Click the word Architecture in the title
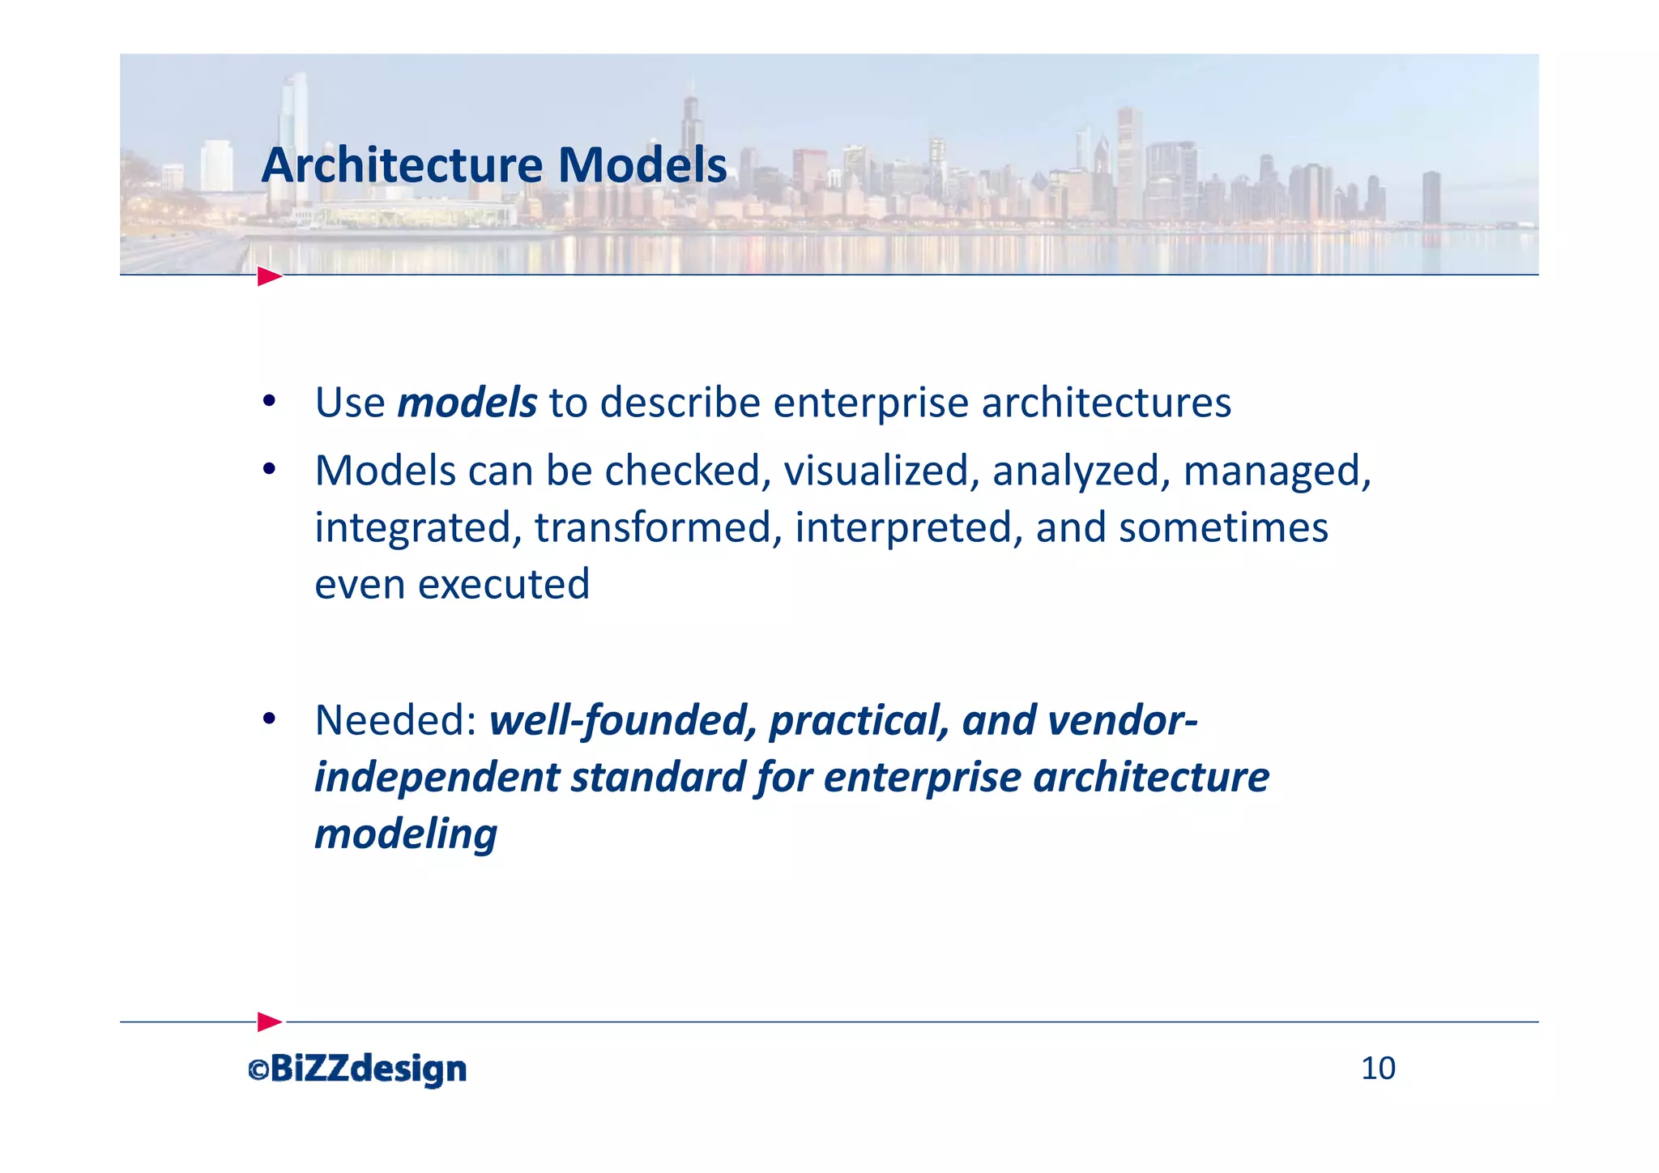tap(402, 166)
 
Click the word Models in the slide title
tap(642, 166)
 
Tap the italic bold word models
tap(467, 403)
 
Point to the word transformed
tap(658, 527)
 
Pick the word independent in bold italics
tap(437, 777)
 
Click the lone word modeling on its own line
tap(405, 834)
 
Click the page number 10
tap(1378, 1068)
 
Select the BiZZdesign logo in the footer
tap(368, 1069)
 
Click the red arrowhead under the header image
tap(270, 276)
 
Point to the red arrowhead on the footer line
tap(270, 1022)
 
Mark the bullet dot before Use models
tap(270, 402)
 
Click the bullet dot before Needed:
tap(270, 719)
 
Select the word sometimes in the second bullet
tap(1223, 527)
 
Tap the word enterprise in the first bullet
tap(870, 403)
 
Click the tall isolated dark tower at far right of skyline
tap(1431, 198)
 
